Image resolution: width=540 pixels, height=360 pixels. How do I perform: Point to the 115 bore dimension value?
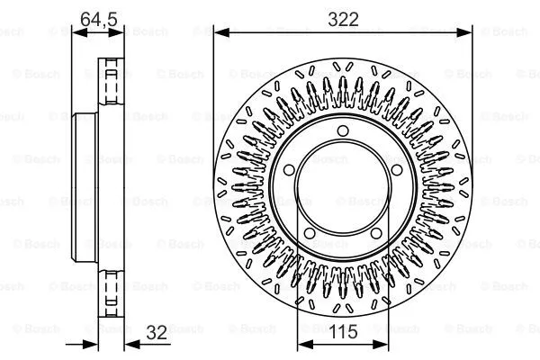pyautogui.click(x=343, y=332)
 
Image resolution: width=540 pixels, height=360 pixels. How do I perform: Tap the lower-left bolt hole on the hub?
pyautogui.click(x=309, y=236)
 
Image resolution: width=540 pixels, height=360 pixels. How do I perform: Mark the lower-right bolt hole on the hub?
pyautogui.click(x=377, y=236)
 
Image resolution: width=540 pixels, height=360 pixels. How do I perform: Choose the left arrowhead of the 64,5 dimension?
pyautogui.click(x=76, y=32)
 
